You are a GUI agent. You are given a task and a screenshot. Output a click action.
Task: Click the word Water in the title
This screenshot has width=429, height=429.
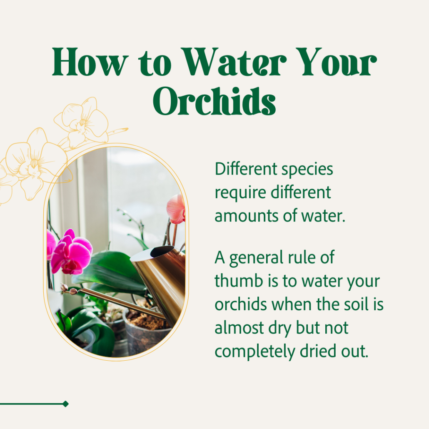pos(234,62)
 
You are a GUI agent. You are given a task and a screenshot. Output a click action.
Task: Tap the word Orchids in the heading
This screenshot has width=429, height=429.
pos(214,101)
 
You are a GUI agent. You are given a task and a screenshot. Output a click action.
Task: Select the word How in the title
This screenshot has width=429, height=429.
pos(90,62)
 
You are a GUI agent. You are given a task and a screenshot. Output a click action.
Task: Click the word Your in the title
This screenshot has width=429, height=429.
pos(336,62)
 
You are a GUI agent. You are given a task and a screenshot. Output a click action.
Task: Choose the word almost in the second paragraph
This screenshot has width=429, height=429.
pos(239,327)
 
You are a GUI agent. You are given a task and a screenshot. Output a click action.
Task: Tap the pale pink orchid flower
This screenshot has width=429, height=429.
pos(176,209)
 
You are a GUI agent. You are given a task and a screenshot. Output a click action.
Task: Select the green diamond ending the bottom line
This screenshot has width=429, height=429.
pos(65,404)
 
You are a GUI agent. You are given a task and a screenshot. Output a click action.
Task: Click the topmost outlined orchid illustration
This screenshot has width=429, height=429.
pos(82,122)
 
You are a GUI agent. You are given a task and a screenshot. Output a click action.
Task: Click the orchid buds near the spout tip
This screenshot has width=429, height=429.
pos(69,289)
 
